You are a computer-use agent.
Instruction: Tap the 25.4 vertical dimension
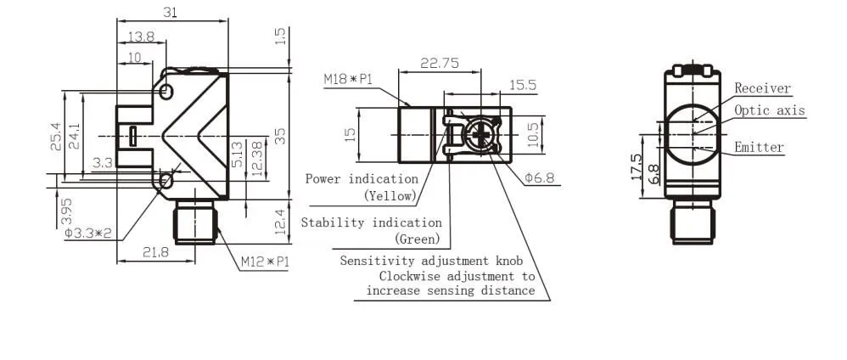tap(55, 132)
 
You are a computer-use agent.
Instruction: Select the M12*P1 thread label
tap(265, 262)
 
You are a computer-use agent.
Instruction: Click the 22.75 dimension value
tap(440, 63)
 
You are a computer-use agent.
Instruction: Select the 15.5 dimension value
tap(522, 85)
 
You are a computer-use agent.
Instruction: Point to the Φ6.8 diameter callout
tap(539, 177)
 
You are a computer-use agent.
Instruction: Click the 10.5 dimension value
tap(534, 132)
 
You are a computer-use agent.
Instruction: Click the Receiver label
tap(762, 88)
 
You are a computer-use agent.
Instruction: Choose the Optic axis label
tap(769, 110)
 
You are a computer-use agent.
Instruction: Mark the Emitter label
tap(759, 148)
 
